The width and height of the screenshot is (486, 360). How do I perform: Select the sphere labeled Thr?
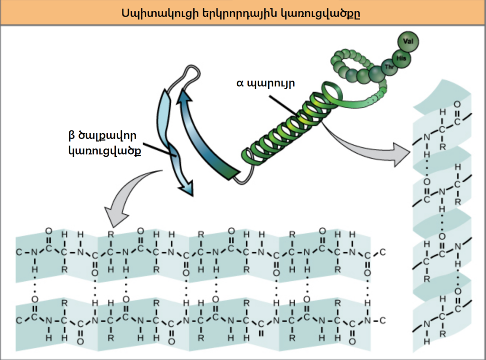pyautogui.click(x=390, y=67)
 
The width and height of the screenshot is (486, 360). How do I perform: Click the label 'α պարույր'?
pyautogui.click(x=266, y=84)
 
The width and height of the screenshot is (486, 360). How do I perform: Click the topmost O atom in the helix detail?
pyautogui.click(x=457, y=104)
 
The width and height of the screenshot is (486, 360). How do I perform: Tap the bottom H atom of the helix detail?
pyautogui.click(x=426, y=341)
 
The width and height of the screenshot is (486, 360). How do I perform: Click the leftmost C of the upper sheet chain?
pyautogui.click(x=19, y=252)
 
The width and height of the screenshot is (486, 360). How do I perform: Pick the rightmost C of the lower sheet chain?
pyautogui.click(x=382, y=321)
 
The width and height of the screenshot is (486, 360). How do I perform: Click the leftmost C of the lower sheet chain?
pyautogui.click(x=19, y=321)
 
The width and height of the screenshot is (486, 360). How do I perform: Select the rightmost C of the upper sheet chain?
pyautogui.click(x=383, y=252)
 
